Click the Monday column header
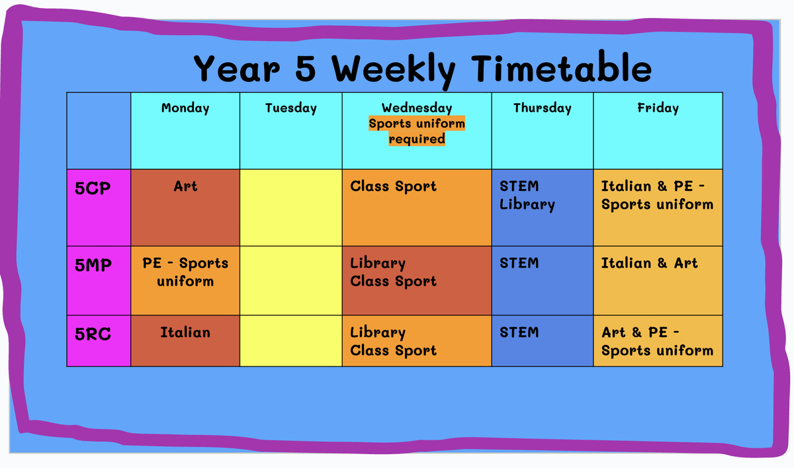(185, 108)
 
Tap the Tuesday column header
(290, 108)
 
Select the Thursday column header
(543, 108)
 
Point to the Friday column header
(658, 108)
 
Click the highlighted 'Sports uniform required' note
(417, 131)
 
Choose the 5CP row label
(93, 188)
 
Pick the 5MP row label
(93, 265)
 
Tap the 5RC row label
(93, 334)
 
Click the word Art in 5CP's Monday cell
(185, 186)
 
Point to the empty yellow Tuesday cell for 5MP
(291, 280)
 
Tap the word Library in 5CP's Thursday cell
(527, 205)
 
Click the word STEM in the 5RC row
(519, 332)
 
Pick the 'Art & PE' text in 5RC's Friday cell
(640, 332)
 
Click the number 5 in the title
(305, 68)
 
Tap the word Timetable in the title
(562, 67)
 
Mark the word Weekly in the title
(394, 71)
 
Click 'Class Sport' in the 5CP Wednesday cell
(394, 186)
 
